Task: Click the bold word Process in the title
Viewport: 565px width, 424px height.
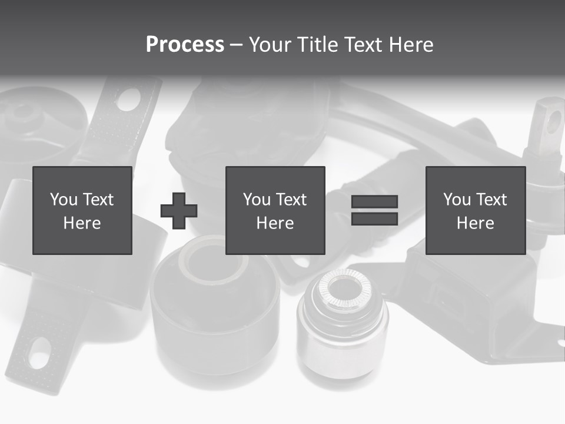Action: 185,45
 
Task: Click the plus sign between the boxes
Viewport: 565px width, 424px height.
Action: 179,211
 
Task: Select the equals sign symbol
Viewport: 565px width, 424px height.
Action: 374,210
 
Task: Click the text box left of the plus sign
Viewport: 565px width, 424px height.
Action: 82,211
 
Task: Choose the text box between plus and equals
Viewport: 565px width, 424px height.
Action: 275,211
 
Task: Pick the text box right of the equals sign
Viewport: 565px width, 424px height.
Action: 476,211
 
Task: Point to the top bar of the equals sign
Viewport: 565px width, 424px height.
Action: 374,201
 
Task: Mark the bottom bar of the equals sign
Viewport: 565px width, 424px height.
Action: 374,219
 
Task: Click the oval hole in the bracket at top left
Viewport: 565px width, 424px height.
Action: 129,100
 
